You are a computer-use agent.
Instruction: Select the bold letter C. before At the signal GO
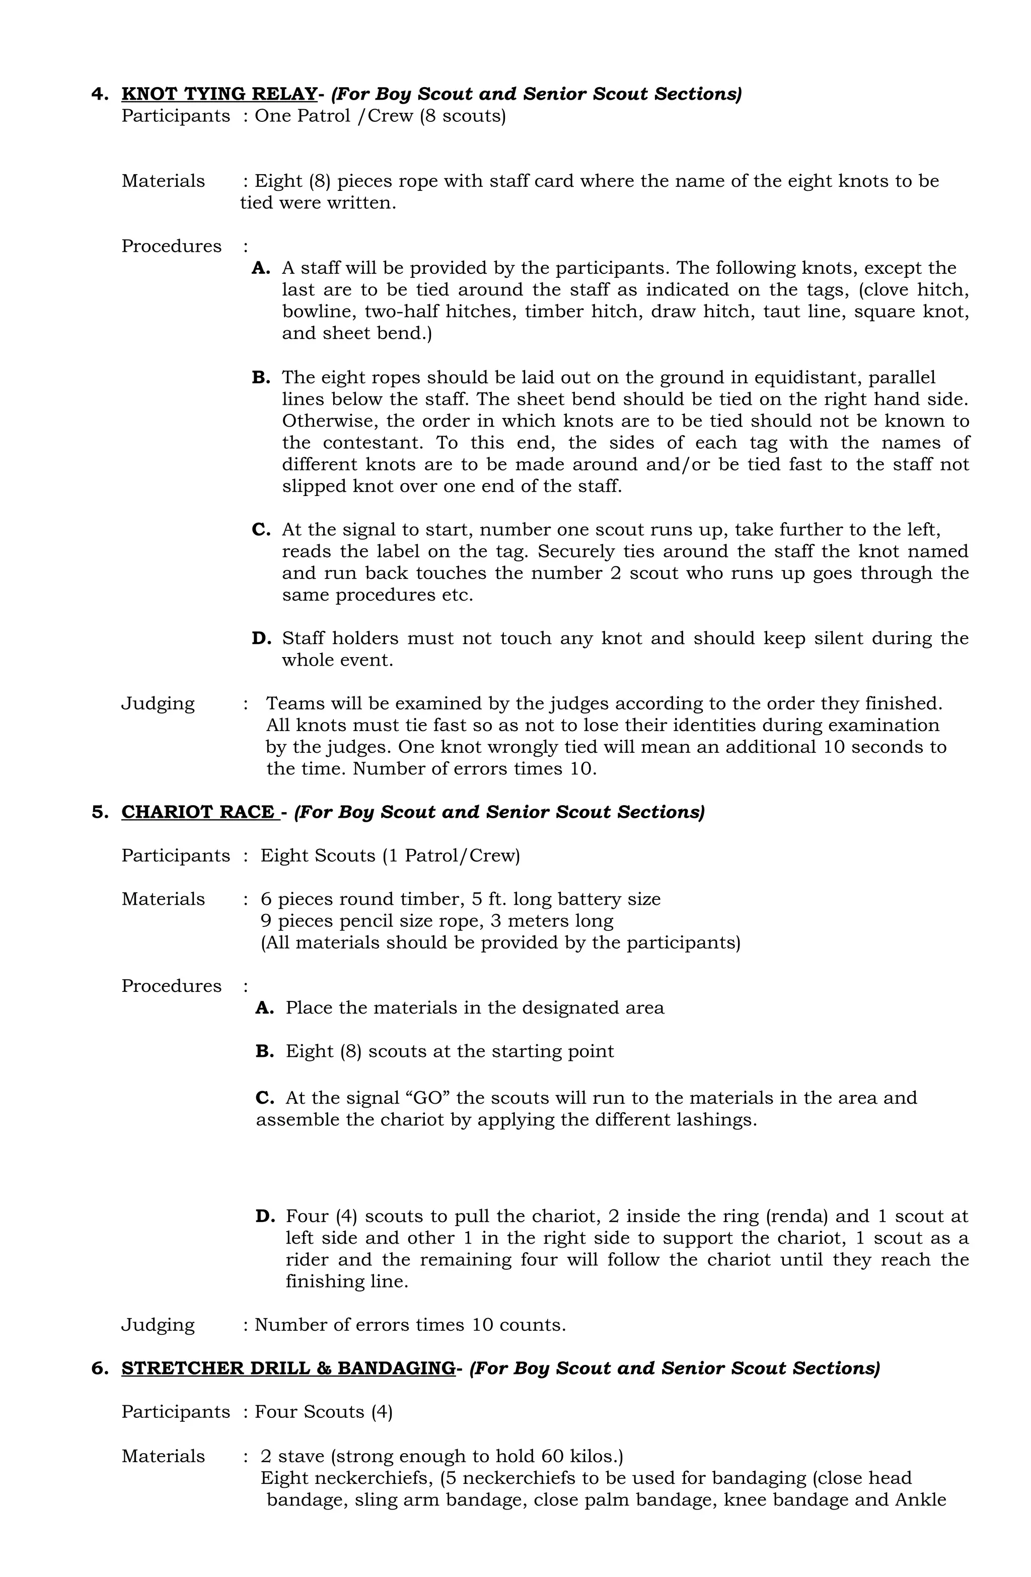264,1098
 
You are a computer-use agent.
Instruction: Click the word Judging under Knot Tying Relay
158,704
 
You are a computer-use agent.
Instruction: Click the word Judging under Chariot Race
158,1325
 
